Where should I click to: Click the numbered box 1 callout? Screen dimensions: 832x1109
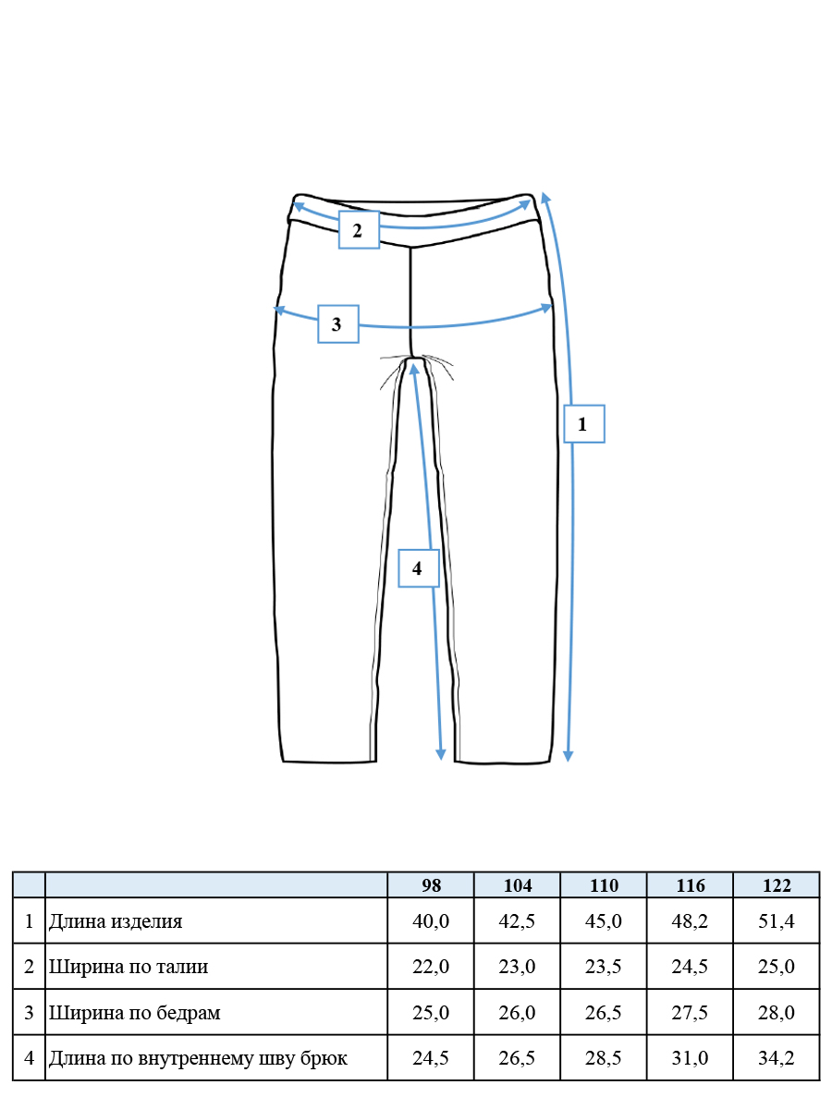pyautogui.click(x=584, y=424)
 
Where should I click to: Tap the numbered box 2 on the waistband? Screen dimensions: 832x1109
pyautogui.click(x=359, y=230)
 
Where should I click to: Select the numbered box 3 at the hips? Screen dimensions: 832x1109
pyautogui.click(x=338, y=323)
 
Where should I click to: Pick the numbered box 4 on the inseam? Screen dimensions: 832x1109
pyautogui.click(x=418, y=567)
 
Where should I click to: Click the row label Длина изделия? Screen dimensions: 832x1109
pyautogui.click(x=116, y=921)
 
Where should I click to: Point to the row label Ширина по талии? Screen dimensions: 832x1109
pyautogui.click(x=128, y=966)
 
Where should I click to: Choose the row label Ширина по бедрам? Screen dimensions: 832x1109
pyautogui.click(x=134, y=1012)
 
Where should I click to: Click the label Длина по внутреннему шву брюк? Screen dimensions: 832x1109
pyautogui.click(x=198, y=1057)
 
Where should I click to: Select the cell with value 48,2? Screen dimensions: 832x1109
pyautogui.click(x=690, y=920)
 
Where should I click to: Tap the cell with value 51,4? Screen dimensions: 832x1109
pyautogui.click(x=777, y=920)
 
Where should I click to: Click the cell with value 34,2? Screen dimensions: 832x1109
pyautogui.click(x=777, y=1057)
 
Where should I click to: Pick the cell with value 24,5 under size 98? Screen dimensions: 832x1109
pyautogui.click(x=431, y=1057)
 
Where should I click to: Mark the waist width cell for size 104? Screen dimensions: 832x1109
pyautogui.click(x=518, y=966)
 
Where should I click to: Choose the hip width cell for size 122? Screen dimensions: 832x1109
pyautogui.click(x=777, y=1012)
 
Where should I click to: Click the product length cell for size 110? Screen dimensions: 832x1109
pyautogui.click(x=604, y=920)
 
